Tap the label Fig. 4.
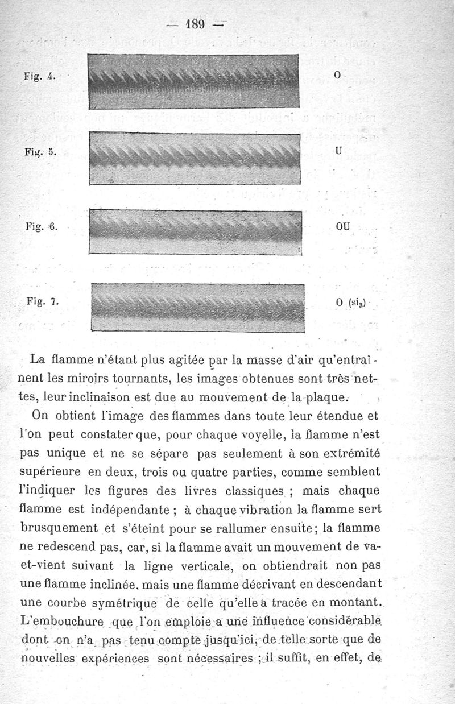point(39,76)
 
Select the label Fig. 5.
point(39,152)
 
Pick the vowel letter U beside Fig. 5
point(338,152)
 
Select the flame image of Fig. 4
point(194,81)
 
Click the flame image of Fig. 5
point(194,158)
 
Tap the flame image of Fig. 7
point(198,307)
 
